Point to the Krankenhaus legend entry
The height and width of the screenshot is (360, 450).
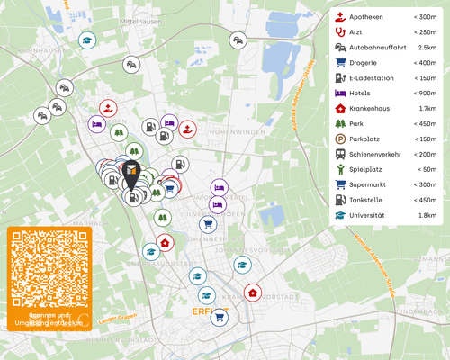[x=374, y=109]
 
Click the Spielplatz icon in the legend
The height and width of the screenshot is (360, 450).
[x=340, y=169]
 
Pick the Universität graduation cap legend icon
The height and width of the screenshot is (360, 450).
[x=340, y=215]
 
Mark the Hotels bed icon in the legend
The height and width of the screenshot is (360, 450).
[x=340, y=93]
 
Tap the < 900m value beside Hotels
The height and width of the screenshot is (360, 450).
[x=424, y=94]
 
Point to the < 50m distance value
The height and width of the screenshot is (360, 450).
[x=425, y=169]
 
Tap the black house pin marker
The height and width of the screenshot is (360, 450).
[x=131, y=173]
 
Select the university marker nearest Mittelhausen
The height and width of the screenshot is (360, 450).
[x=86, y=40]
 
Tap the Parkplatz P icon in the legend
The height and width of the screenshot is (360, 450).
[x=340, y=139]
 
